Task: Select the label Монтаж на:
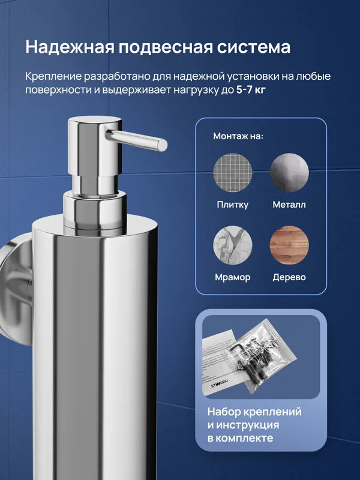pyautogui.click(x=238, y=136)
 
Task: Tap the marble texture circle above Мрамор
pyautogui.click(x=233, y=245)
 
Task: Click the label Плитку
pyautogui.click(x=233, y=205)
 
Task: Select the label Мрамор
pyautogui.click(x=233, y=277)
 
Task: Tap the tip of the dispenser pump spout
pyautogui.click(x=161, y=145)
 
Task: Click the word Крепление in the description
pyautogui.click(x=54, y=77)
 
